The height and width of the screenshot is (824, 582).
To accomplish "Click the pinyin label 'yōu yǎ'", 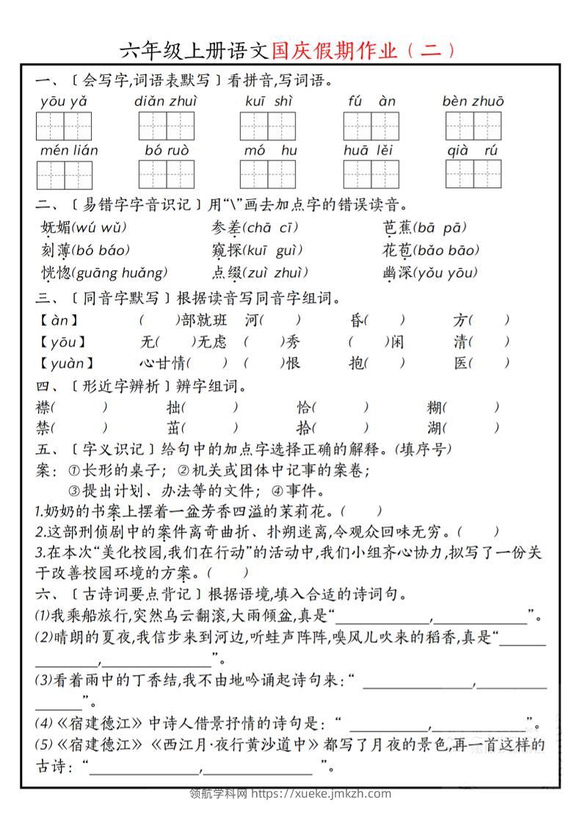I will (x=64, y=101).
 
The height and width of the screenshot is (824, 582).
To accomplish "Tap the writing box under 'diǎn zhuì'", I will (x=166, y=126).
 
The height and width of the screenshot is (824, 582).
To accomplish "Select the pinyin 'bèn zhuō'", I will (x=473, y=101).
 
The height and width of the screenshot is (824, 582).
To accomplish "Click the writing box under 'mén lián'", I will (x=64, y=175).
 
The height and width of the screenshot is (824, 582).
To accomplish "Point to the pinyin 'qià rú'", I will (x=473, y=151).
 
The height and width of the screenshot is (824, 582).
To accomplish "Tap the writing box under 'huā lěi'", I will (x=371, y=175).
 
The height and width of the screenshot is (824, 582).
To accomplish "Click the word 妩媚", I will (x=57, y=227).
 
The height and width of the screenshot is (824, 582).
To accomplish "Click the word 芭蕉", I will (x=397, y=227).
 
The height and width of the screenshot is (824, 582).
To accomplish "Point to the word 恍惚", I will (x=57, y=273).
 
